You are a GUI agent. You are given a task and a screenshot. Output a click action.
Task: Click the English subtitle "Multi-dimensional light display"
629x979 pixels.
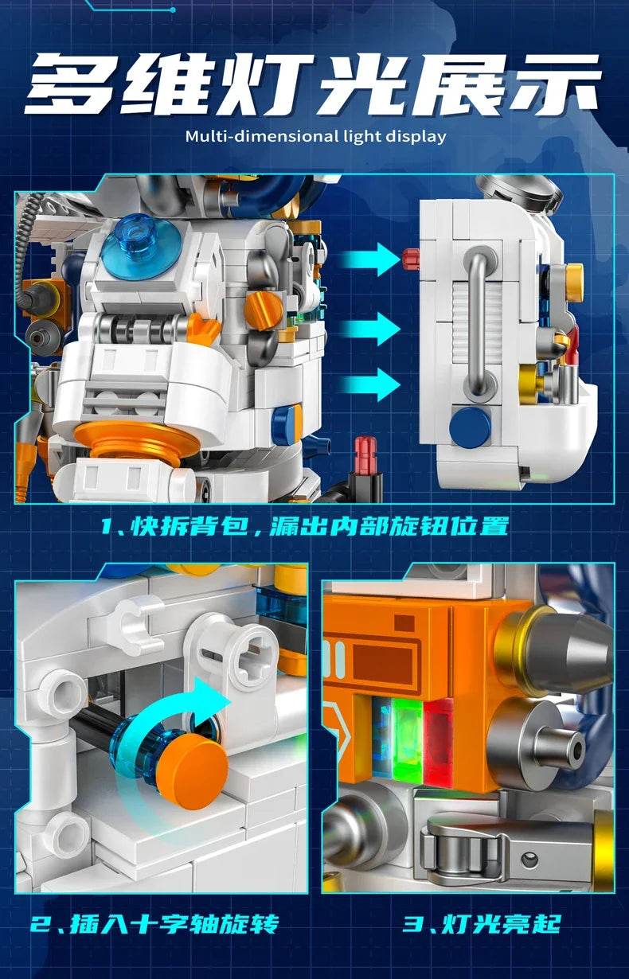(315, 135)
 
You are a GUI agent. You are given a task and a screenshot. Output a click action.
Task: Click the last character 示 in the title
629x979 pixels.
(553, 81)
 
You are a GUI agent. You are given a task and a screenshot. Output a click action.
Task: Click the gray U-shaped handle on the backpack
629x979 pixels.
(479, 322)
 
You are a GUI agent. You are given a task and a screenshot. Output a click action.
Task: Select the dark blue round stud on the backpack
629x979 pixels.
(469, 426)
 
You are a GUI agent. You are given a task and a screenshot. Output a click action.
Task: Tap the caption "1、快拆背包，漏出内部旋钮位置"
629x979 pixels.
(314, 525)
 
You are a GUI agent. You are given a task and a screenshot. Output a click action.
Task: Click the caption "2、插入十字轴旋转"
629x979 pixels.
(155, 924)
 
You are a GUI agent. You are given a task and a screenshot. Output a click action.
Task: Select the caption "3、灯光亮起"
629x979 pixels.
(481, 924)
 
